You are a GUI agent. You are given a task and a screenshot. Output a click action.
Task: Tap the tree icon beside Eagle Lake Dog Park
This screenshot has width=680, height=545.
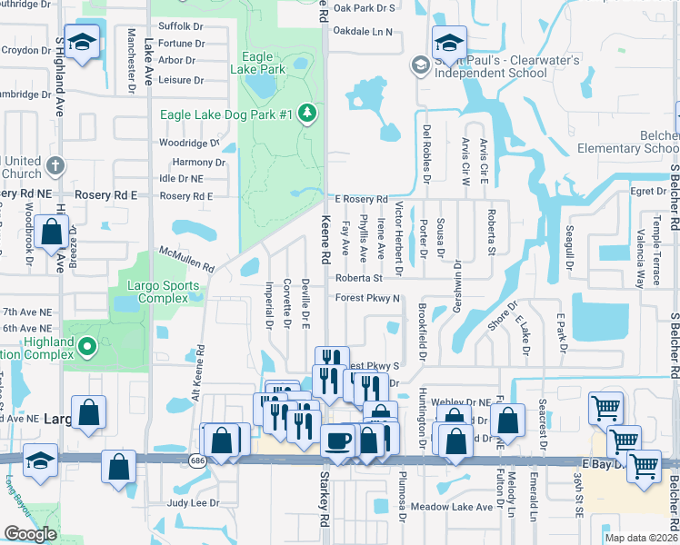[308, 113]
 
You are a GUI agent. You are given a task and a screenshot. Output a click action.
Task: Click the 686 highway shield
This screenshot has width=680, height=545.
[197, 461]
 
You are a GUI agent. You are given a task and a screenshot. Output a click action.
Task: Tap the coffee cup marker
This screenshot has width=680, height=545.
[337, 441]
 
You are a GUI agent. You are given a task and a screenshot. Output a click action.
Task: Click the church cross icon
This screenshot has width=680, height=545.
[55, 166]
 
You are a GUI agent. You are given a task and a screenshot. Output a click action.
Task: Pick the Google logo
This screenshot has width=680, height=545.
[30, 534]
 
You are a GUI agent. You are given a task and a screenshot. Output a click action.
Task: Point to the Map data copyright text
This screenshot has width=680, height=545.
[642, 539]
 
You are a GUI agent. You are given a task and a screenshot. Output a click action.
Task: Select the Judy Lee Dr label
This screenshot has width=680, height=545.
[194, 502]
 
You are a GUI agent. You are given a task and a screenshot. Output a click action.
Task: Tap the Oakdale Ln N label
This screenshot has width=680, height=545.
[363, 32]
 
